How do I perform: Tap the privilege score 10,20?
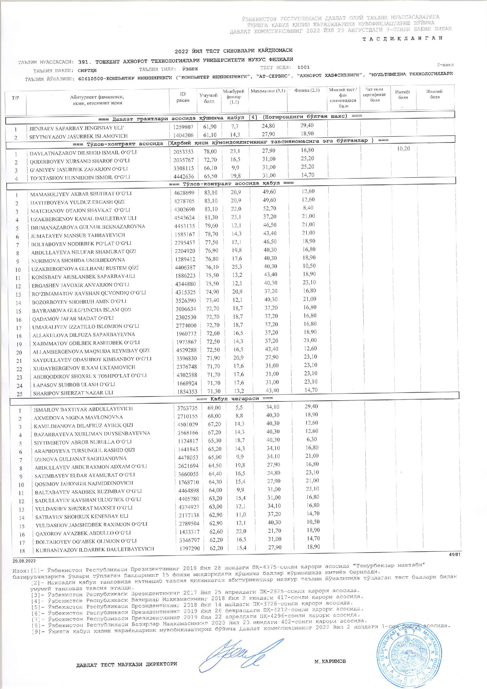tap(403, 149)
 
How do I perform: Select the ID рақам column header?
tap(183, 97)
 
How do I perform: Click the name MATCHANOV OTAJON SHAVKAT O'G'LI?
tap(80, 210)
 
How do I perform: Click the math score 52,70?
tap(269, 209)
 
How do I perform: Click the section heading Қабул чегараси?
tap(234, 399)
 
